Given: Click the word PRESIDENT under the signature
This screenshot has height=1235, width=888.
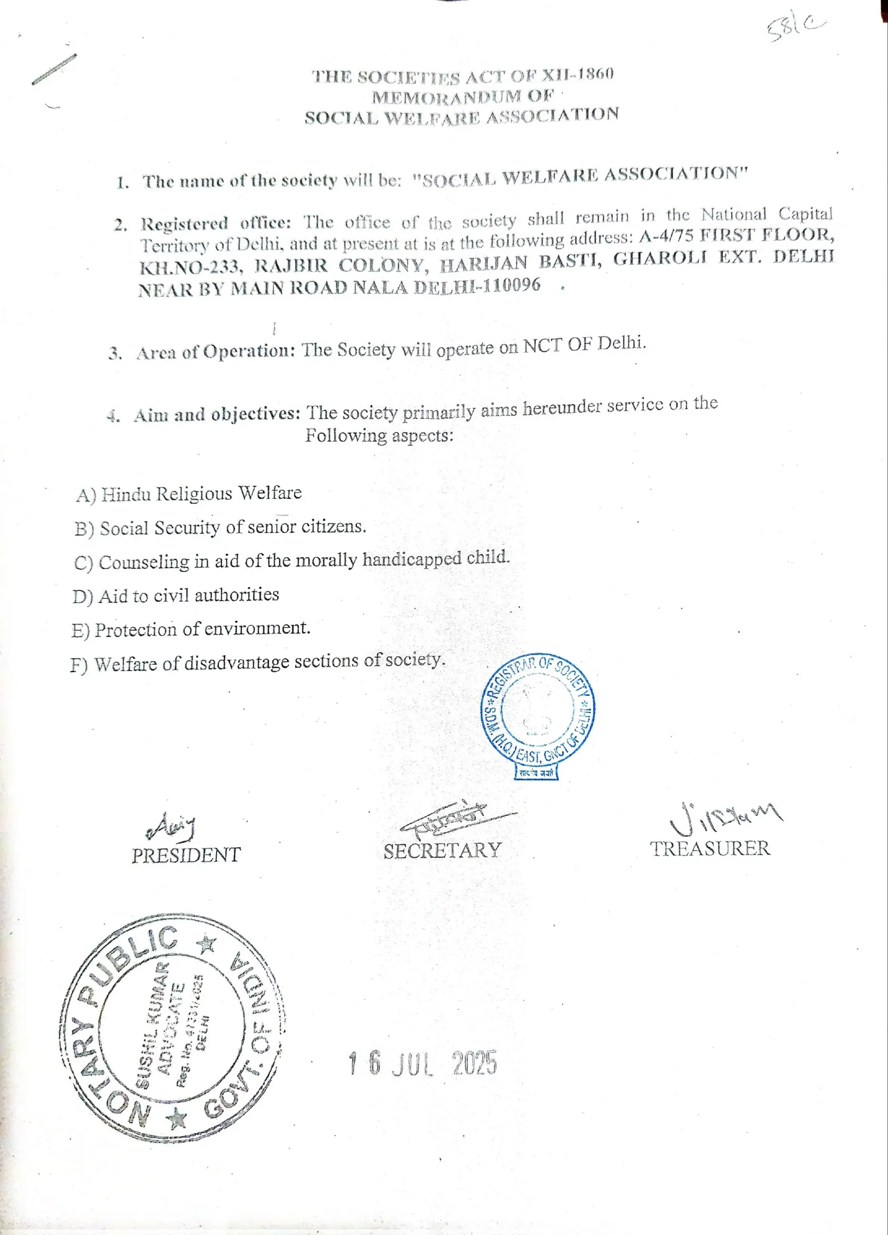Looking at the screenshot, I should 186,854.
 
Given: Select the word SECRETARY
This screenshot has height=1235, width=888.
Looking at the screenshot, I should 442,851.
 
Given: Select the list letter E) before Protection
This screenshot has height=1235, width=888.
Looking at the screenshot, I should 80,631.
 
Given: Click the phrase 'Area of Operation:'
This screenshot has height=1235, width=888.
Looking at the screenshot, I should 216,352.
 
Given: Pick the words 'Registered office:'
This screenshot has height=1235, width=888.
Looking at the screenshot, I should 216,223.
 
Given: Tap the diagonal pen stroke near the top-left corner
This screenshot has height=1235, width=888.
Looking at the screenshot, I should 54,69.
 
